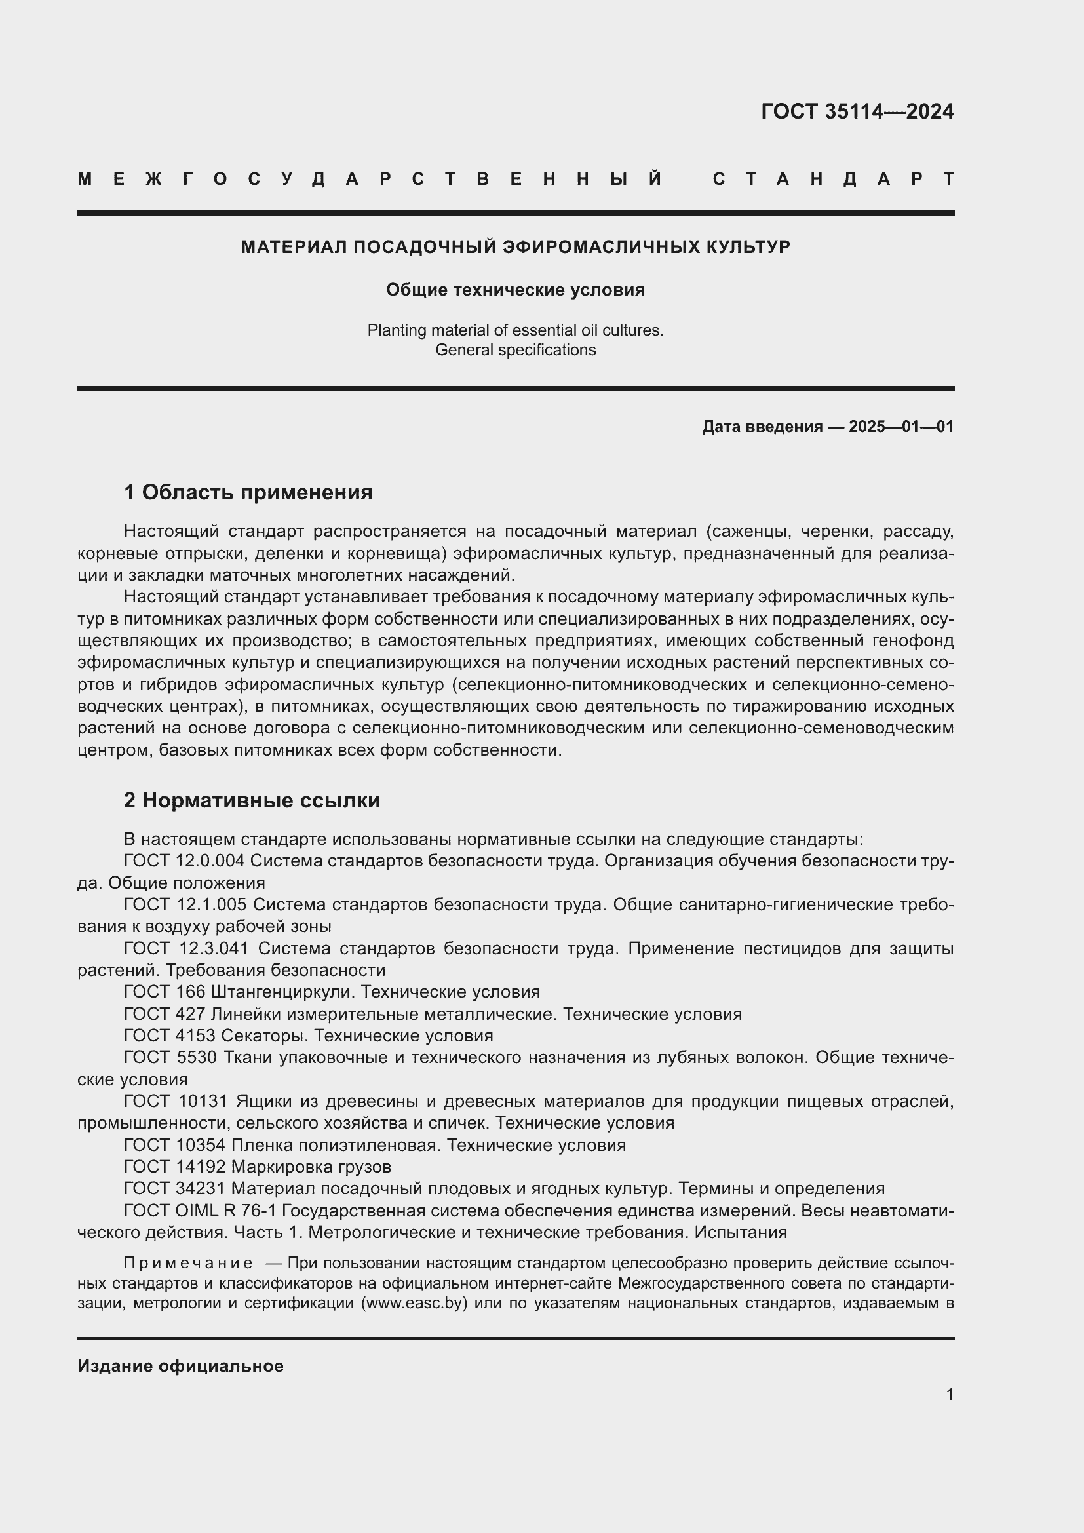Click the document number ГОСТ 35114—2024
[857, 111]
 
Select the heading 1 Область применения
[248, 493]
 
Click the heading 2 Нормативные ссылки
[252, 800]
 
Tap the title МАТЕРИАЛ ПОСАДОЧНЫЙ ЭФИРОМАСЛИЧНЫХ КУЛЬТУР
[515, 248]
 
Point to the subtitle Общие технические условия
[515, 290]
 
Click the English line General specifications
[515, 350]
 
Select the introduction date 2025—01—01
[900, 427]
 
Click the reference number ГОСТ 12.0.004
[184, 861]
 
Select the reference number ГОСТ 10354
[175, 1145]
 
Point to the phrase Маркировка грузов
[311, 1167]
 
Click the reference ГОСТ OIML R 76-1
[201, 1211]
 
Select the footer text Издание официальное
[180, 1366]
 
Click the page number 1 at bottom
[949, 1394]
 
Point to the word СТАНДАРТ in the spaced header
[833, 179]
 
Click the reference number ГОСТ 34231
[175, 1188]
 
